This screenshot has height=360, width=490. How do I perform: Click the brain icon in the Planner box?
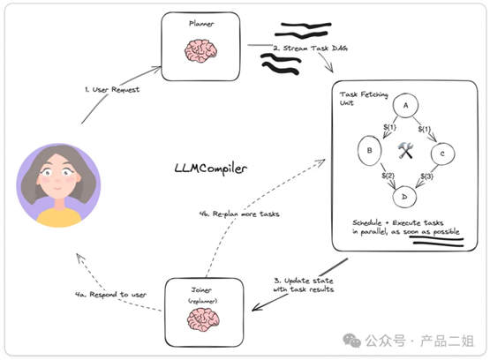[x=200, y=50]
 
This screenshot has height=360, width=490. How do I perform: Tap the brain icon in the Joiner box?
[x=203, y=319]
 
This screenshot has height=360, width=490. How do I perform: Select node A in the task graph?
[x=405, y=106]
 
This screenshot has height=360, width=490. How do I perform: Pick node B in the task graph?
[x=369, y=151]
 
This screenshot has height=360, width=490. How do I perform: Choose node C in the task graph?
[x=442, y=154]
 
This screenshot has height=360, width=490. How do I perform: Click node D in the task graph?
[x=404, y=197]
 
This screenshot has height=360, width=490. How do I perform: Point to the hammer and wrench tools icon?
[x=405, y=150]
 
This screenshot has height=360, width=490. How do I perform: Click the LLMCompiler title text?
[x=211, y=169]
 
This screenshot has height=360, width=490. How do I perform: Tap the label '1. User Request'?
[x=112, y=90]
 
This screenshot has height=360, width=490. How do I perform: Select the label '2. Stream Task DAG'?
[x=310, y=48]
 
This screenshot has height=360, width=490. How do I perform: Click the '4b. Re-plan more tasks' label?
[x=239, y=214]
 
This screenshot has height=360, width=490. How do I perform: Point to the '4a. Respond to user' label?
[x=110, y=295]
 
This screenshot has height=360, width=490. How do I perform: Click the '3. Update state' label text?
[x=304, y=281]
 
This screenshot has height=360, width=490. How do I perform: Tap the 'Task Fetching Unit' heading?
[x=364, y=98]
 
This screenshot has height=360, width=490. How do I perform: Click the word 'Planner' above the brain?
[x=201, y=24]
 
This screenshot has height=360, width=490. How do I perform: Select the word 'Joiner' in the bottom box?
[x=201, y=290]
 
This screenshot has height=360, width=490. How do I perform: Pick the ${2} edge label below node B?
[x=388, y=176]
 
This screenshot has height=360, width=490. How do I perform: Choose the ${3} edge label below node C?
[x=427, y=176]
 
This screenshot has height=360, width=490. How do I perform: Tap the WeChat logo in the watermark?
[x=352, y=341]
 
